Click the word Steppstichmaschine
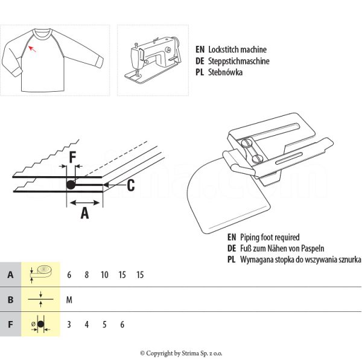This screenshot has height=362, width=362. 238,61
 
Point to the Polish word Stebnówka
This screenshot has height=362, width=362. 224,72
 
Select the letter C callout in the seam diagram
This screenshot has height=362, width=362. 130,185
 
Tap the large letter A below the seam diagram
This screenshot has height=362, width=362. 84,212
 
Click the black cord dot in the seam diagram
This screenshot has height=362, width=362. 71,185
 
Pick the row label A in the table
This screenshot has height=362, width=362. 10,275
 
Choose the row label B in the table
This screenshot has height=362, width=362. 10,299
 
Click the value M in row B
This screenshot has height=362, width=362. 69,299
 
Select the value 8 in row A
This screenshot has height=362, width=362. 87,275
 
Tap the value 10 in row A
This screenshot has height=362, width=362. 104,275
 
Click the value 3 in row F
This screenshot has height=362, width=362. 69,324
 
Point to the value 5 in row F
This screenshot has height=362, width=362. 104,324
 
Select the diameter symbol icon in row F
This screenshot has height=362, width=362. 39,324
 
